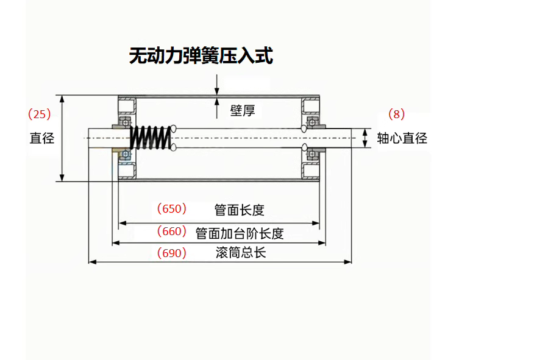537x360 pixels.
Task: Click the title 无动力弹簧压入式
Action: [201, 56]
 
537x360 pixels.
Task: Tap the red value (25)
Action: [40, 114]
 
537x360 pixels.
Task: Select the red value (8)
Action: [396, 114]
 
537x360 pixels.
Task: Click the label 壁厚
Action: [242, 110]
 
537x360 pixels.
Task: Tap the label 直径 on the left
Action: [42, 138]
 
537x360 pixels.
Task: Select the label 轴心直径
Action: [402, 138]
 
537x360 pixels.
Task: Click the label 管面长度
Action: [240, 210]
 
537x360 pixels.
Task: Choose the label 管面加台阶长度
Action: [240, 233]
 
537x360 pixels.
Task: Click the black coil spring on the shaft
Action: [150, 138]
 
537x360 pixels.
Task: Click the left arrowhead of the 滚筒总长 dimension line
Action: [92, 262]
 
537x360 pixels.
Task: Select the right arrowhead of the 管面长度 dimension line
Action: [316, 223]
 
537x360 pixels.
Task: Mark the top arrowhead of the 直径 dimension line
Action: [62, 98]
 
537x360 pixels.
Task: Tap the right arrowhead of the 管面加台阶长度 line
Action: [322, 242]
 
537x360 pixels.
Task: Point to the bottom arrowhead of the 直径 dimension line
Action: [62, 178]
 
